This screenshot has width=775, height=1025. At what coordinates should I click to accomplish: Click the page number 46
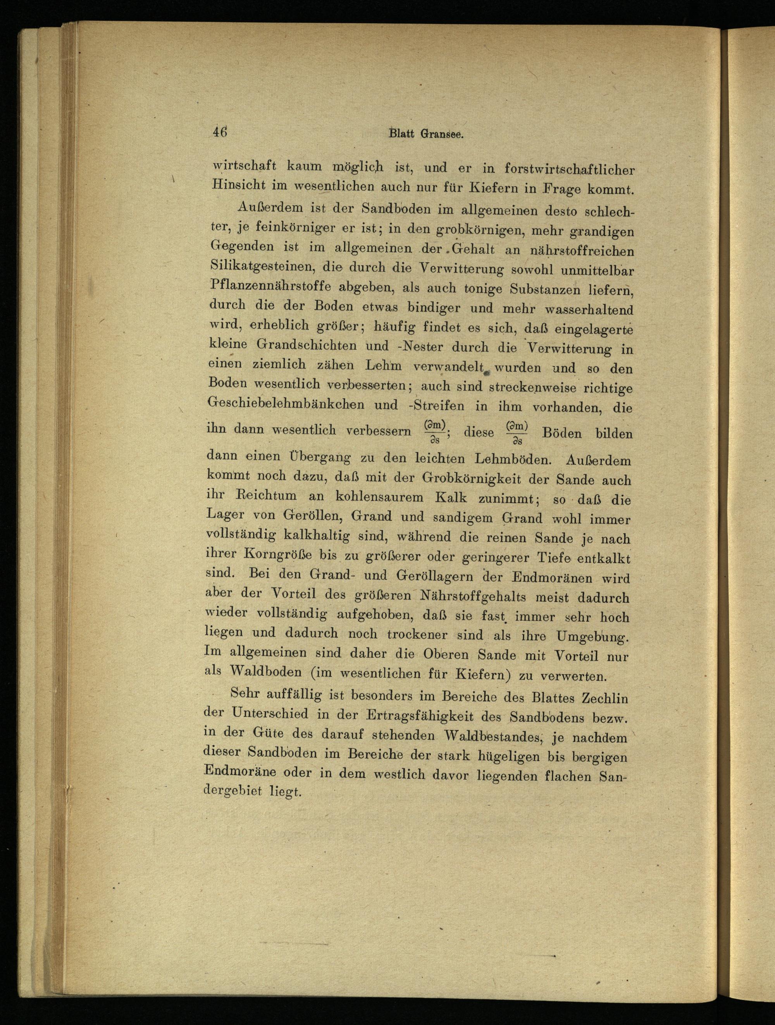pyautogui.click(x=220, y=132)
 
